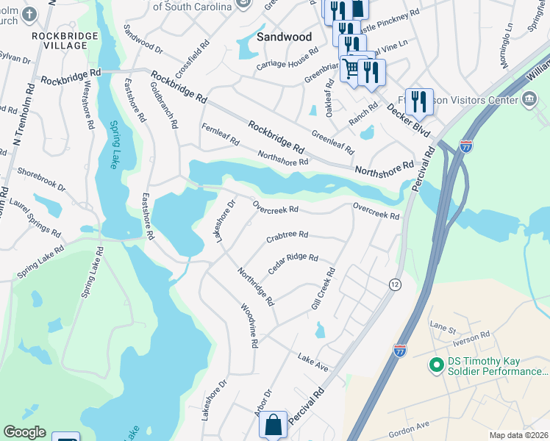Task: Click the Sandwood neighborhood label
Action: (x=285, y=37)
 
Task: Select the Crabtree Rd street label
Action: (x=287, y=236)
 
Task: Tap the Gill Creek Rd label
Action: (x=323, y=288)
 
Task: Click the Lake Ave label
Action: (x=312, y=360)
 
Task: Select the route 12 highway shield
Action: (x=395, y=284)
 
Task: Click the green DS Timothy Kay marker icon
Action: (x=435, y=365)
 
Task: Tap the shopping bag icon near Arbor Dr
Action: (x=272, y=424)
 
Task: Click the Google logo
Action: (x=24, y=432)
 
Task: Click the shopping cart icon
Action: (x=351, y=68)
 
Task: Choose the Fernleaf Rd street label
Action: (x=221, y=137)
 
